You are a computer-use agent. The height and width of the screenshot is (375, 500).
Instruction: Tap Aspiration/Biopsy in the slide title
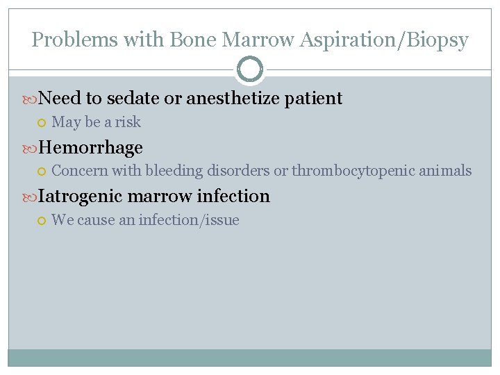[x=384, y=40]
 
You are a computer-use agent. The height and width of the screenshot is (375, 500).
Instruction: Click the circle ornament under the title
[x=250, y=69]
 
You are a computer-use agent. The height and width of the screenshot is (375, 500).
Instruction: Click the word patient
[x=314, y=99]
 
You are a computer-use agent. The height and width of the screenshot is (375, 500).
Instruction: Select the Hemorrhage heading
[x=90, y=147]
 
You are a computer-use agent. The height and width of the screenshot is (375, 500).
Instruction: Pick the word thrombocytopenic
[x=352, y=171]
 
